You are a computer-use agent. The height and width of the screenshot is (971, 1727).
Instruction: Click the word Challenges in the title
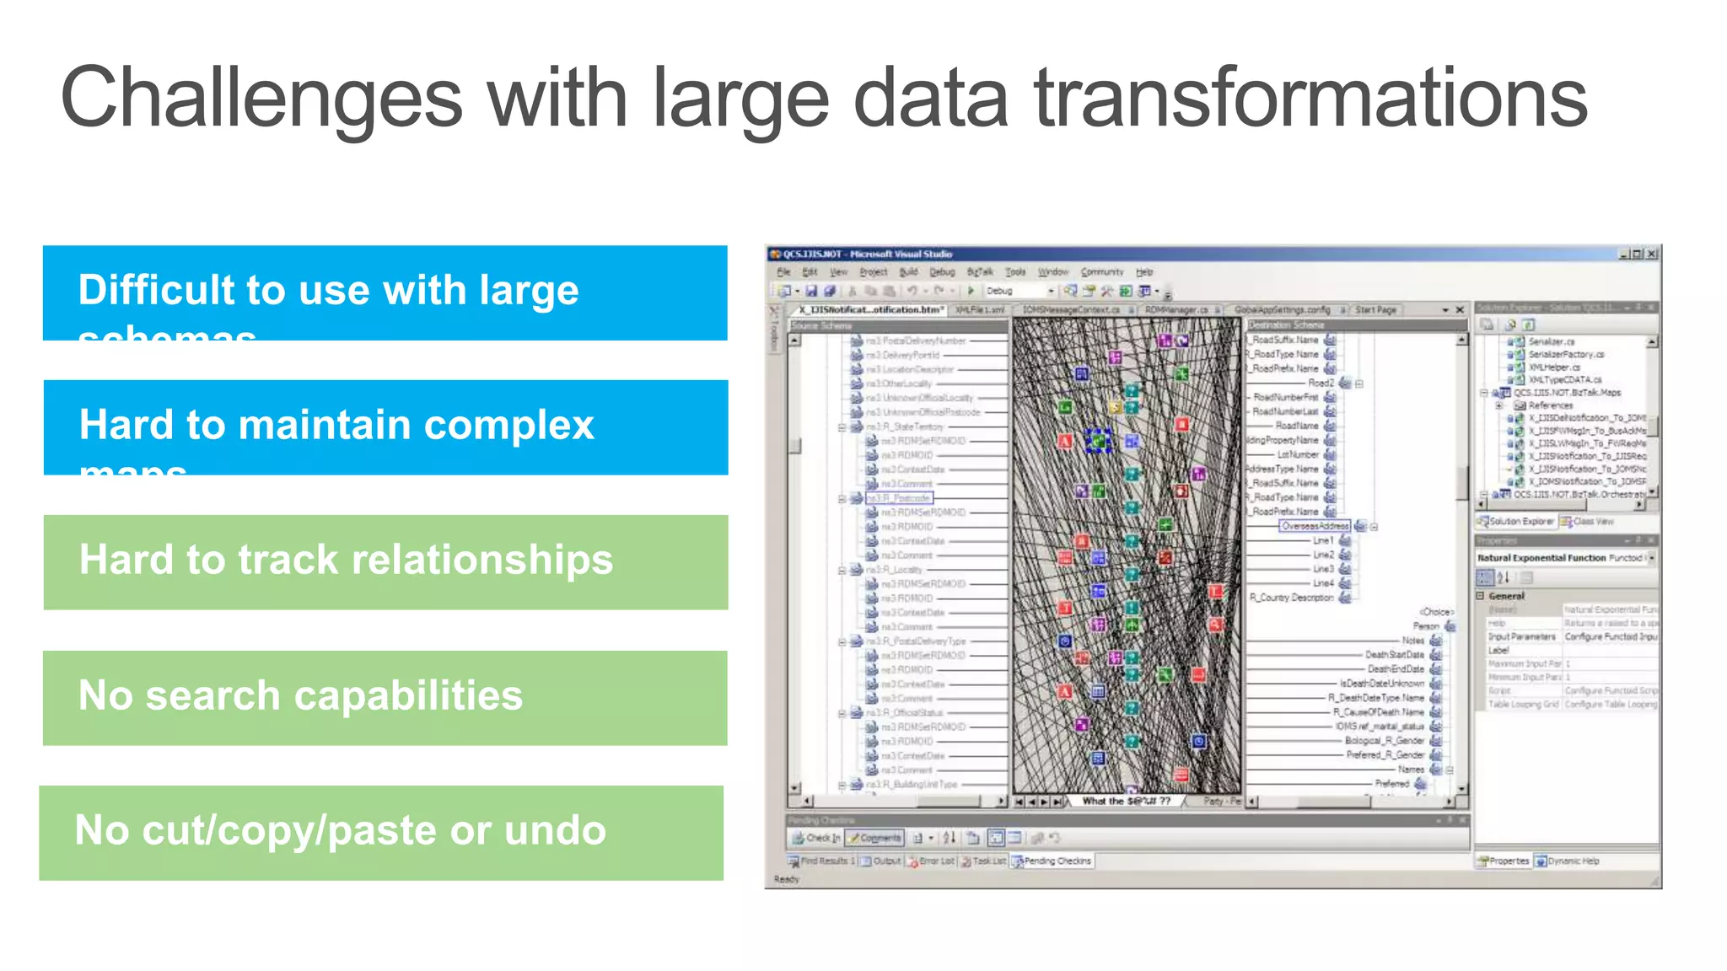point(261,99)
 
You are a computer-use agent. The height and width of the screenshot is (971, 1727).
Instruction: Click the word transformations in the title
point(1310,99)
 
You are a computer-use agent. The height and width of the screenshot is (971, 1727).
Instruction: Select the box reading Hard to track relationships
point(385,561)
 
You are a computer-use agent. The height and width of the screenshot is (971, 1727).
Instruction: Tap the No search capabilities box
point(385,697)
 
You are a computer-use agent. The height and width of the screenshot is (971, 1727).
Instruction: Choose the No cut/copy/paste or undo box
point(381,832)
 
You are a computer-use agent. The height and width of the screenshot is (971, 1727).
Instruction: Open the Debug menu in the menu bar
point(942,272)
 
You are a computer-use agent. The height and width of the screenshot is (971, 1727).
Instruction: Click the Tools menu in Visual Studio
point(1015,272)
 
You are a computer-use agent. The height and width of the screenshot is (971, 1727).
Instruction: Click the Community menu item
point(1101,272)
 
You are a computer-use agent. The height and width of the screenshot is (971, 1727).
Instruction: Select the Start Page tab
point(1375,310)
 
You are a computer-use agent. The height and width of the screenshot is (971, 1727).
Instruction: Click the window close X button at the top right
point(1652,254)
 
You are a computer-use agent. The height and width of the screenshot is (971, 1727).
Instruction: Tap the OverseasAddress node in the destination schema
point(1315,526)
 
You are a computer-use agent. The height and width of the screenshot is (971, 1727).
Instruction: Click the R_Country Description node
point(1292,598)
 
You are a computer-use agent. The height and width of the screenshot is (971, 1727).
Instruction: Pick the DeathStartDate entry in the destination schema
point(1394,655)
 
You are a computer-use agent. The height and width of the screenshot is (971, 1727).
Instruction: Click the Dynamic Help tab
point(1567,861)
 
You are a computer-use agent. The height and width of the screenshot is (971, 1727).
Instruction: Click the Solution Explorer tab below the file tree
point(1515,522)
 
